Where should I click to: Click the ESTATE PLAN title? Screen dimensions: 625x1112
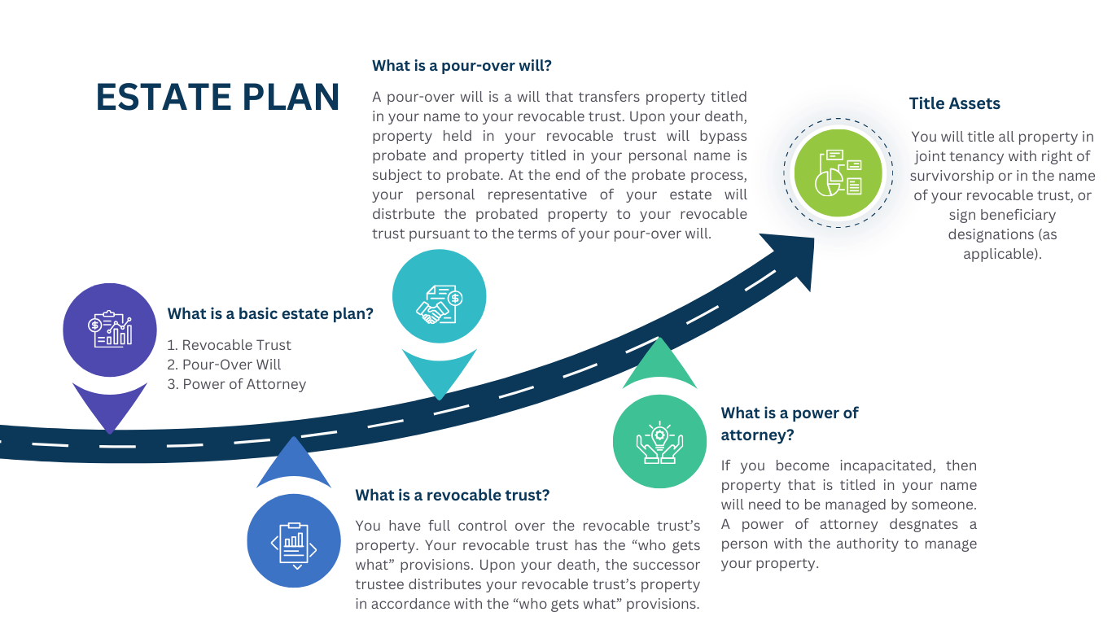click(x=217, y=97)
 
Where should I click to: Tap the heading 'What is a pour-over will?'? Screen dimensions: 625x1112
click(x=462, y=65)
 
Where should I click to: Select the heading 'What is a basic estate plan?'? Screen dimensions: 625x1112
click(x=270, y=313)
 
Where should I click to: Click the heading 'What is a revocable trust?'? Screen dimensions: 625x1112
click(x=452, y=495)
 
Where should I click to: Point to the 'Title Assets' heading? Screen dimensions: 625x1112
click(x=954, y=103)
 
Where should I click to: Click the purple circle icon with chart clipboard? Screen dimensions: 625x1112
click(x=110, y=330)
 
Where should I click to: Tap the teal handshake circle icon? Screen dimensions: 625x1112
click(x=439, y=297)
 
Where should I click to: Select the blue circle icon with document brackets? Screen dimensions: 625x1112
click(x=293, y=541)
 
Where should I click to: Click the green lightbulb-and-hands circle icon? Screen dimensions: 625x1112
click(x=659, y=442)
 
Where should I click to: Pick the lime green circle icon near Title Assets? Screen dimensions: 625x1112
click(x=838, y=172)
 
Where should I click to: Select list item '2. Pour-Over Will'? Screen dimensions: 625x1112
click(x=224, y=365)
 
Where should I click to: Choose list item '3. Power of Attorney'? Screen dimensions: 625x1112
click(x=236, y=384)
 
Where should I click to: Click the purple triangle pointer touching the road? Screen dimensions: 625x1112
click(x=110, y=404)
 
